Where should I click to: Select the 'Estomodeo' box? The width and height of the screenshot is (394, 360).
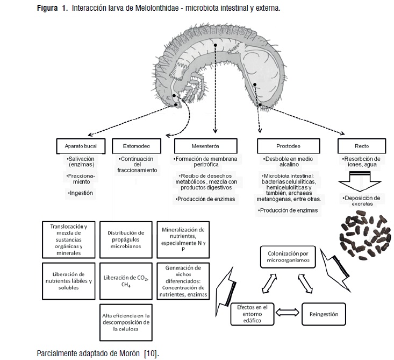[x=137, y=146]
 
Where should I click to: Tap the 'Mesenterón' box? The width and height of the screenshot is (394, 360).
[x=205, y=146]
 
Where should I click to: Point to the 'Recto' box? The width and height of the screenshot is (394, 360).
[x=361, y=146]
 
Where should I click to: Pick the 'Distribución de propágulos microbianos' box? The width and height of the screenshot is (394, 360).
[x=126, y=238]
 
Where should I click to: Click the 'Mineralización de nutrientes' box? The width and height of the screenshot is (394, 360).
[x=183, y=238]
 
